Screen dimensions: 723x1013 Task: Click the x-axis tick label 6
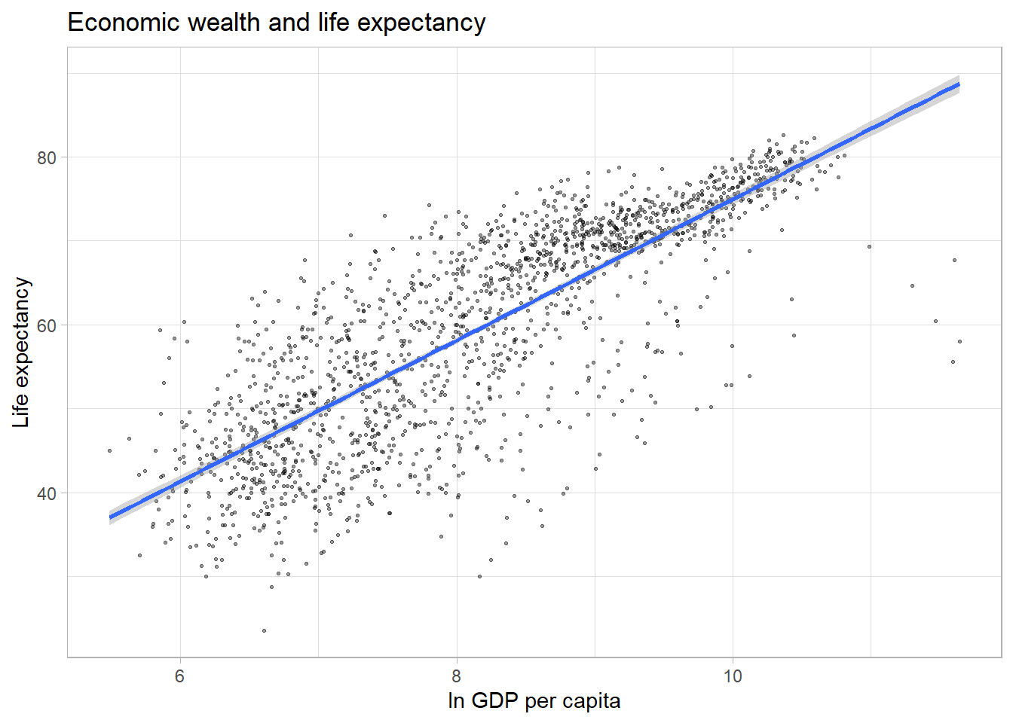click(179, 676)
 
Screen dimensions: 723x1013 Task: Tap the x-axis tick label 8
click(456, 676)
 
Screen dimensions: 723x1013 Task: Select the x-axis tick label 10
click(733, 676)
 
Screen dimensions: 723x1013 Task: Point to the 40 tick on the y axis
click(47, 493)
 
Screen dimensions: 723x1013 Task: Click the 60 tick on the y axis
click(47, 325)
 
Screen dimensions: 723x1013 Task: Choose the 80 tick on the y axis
click(47, 157)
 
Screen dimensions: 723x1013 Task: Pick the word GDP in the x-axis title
click(494, 701)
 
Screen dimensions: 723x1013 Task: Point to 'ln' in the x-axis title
click(456, 701)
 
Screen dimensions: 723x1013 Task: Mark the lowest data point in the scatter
click(264, 630)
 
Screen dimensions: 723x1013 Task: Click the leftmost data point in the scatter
click(110, 450)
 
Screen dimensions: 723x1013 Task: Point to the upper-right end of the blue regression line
click(959, 84)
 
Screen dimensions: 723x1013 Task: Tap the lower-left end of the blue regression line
click(110, 517)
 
